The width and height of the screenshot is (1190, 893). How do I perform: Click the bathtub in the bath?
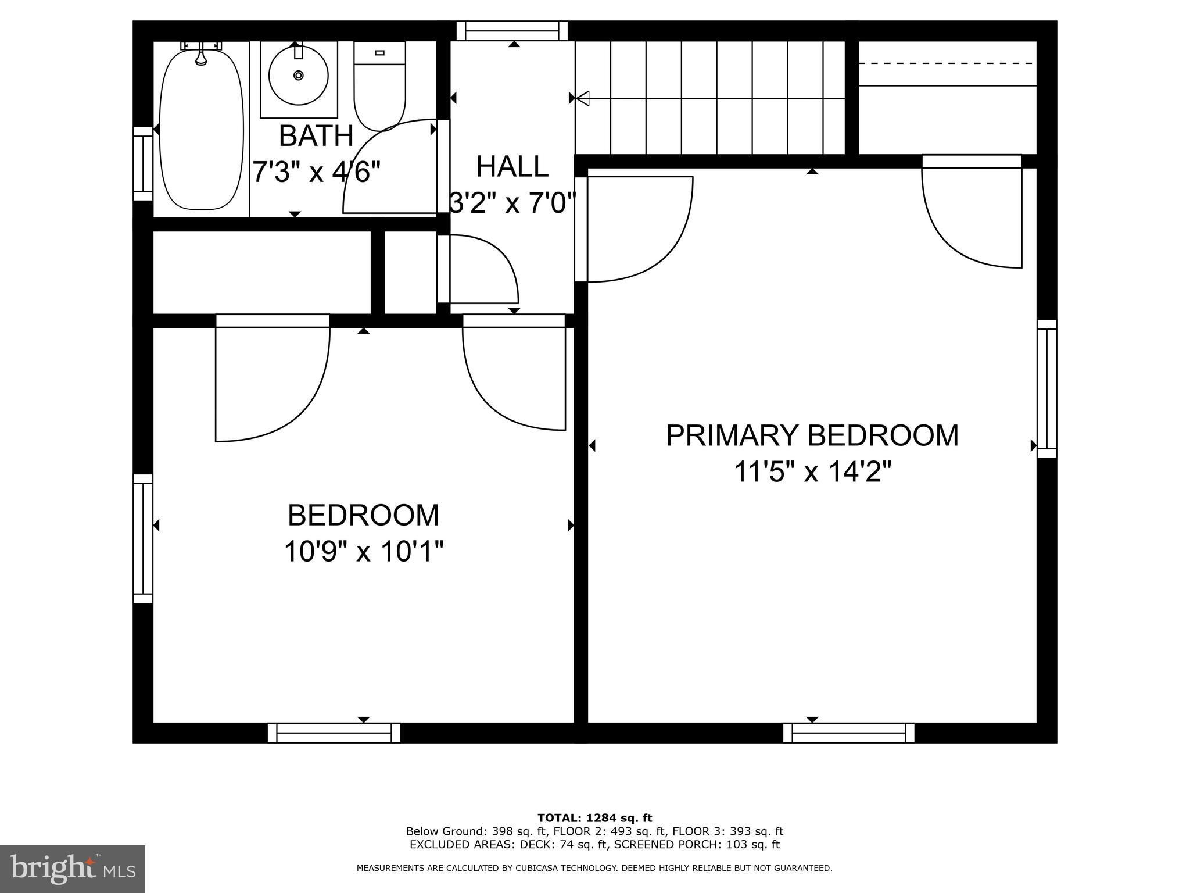pyautogui.click(x=201, y=129)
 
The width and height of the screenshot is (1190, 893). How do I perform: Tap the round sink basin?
pyautogui.click(x=299, y=76)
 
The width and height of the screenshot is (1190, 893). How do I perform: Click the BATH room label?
pyautogui.click(x=316, y=136)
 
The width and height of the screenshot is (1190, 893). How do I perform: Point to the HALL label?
pyautogui.click(x=512, y=167)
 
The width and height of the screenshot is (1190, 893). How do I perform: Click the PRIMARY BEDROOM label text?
pyautogui.click(x=812, y=435)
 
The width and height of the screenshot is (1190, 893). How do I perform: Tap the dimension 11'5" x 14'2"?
pyautogui.click(x=812, y=472)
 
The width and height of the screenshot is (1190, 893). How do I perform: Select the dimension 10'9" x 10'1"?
pyautogui.click(x=364, y=551)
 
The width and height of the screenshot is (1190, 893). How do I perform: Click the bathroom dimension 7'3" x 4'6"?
pyautogui.click(x=317, y=172)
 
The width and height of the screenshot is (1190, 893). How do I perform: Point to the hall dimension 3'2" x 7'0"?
pyautogui.click(x=512, y=203)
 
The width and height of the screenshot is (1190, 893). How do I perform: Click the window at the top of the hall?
pyautogui.click(x=512, y=31)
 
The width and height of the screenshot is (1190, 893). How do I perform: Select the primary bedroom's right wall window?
pyautogui.click(x=1047, y=388)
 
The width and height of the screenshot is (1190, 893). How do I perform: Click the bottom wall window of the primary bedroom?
pyautogui.click(x=849, y=733)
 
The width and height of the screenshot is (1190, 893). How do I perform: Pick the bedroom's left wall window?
pyautogui.click(x=143, y=539)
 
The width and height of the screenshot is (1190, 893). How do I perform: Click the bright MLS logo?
pyautogui.click(x=73, y=869)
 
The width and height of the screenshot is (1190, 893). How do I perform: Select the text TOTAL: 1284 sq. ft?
pyautogui.click(x=594, y=818)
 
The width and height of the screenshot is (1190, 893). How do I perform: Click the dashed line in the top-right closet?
pyautogui.click(x=947, y=63)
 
